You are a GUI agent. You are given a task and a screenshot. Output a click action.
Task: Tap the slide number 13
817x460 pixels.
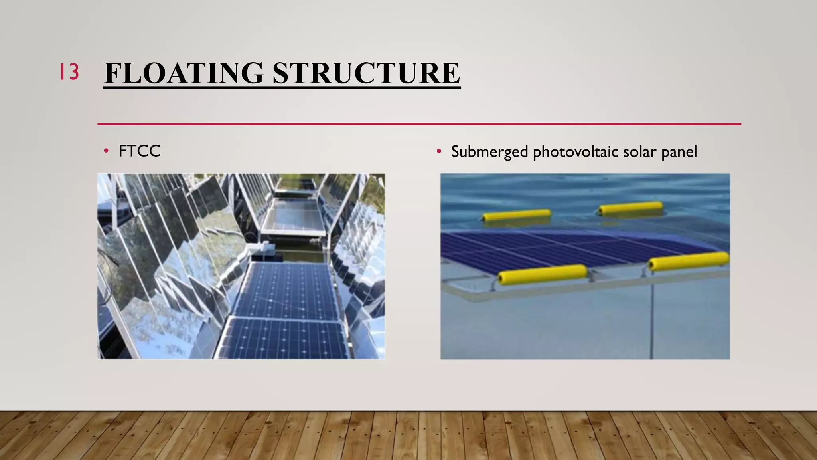pyautogui.click(x=69, y=72)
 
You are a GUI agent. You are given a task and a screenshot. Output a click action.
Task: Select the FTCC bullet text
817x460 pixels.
pyautogui.click(x=139, y=151)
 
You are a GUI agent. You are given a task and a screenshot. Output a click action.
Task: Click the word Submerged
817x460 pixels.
pyautogui.click(x=489, y=152)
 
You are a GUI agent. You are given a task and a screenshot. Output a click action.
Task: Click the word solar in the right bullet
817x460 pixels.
pyautogui.click(x=639, y=152)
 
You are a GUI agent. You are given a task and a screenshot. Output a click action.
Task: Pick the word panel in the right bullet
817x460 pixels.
pyautogui.click(x=679, y=152)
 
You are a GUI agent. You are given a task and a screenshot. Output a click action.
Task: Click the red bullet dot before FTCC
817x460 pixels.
pyautogui.click(x=106, y=151)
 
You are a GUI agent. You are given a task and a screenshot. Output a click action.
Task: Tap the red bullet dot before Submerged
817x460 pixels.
pyautogui.click(x=439, y=151)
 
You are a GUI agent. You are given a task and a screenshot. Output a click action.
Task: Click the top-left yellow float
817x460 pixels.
pyautogui.click(x=517, y=215)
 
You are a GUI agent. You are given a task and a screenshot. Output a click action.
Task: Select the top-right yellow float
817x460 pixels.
pyautogui.click(x=630, y=208)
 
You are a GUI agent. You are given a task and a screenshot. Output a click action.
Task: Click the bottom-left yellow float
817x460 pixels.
pyautogui.click(x=543, y=274)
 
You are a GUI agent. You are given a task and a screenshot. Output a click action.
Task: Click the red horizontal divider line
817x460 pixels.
pyautogui.click(x=419, y=124)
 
